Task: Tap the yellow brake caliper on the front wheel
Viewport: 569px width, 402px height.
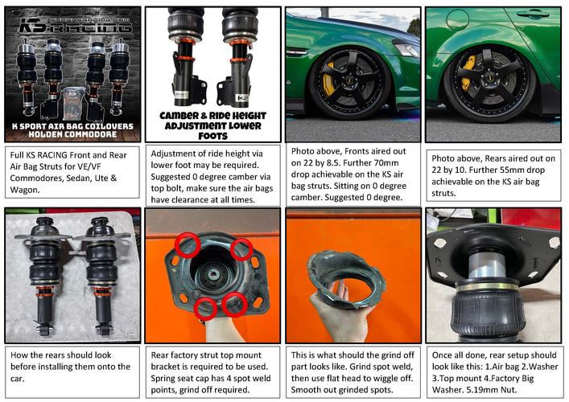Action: pyautogui.click(x=329, y=80)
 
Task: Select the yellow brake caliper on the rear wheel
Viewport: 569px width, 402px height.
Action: pyautogui.click(x=467, y=72)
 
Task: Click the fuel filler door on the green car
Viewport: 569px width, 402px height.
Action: pyautogui.click(x=457, y=19)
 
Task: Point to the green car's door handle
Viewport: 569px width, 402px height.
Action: pyautogui.click(x=533, y=14)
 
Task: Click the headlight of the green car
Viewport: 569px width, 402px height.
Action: pyautogui.click(x=406, y=48)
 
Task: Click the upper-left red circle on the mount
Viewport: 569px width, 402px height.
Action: pyautogui.click(x=188, y=245)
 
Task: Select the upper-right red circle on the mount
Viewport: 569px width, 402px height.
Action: pyautogui.click(x=241, y=249)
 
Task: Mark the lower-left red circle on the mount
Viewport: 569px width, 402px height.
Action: pyautogui.click(x=205, y=309)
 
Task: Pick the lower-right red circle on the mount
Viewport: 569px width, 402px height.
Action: pyautogui.click(x=234, y=305)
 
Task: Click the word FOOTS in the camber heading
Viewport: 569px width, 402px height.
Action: pyautogui.click(x=212, y=136)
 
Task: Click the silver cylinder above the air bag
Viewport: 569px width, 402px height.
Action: pyautogui.click(x=487, y=265)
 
